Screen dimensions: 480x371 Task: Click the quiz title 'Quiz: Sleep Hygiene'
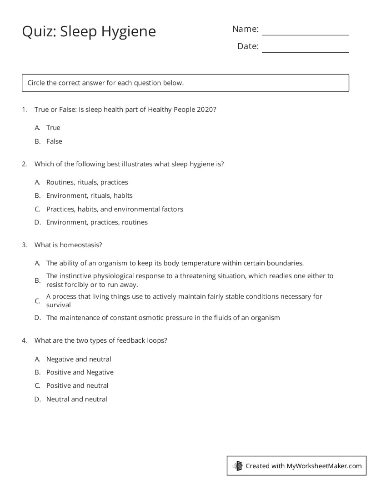coord(89,31)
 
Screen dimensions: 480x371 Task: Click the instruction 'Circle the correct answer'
coord(105,83)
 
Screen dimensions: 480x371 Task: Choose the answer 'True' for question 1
coord(53,128)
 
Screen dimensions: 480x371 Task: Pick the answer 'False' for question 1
coord(54,141)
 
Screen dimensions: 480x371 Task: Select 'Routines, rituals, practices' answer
coord(87,182)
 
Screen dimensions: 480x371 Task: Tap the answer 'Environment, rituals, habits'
coord(89,195)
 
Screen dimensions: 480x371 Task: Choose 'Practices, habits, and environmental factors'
coord(115,209)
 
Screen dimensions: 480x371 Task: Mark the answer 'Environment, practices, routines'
coord(97,222)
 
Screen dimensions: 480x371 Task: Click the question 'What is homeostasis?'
coord(68,245)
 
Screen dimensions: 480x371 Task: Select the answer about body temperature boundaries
coord(175,263)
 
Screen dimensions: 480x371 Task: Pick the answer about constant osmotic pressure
coord(163,318)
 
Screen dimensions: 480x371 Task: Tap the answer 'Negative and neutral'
coord(79,359)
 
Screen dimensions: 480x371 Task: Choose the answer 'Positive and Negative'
coord(80,372)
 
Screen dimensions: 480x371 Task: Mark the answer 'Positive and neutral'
coord(77,385)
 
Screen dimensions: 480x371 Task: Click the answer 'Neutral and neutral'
coord(77,399)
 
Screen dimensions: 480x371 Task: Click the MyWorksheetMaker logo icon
coord(237,465)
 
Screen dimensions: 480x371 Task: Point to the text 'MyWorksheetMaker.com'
coord(324,465)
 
